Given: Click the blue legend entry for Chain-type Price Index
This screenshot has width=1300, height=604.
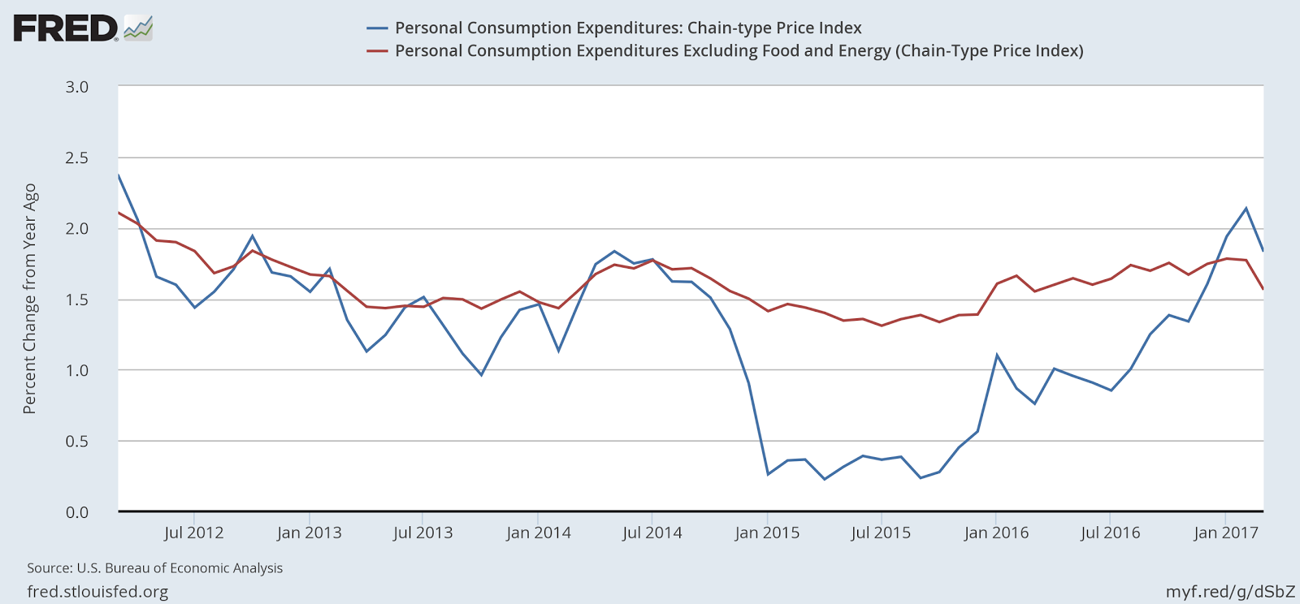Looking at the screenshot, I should pyautogui.click(x=627, y=28).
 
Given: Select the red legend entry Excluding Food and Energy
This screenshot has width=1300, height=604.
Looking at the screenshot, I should pyautogui.click(x=739, y=50).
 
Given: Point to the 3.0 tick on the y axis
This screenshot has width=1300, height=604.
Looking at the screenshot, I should pyautogui.click(x=76, y=86).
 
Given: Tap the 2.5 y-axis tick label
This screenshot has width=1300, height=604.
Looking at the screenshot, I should pyautogui.click(x=76, y=157).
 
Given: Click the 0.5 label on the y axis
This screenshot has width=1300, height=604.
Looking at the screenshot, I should pyautogui.click(x=76, y=441).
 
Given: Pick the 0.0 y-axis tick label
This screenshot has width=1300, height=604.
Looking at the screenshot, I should pyautogui.click(x=76, y=511).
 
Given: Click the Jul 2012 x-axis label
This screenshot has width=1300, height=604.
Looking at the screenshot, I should pyautogui.click(x=193, y=533).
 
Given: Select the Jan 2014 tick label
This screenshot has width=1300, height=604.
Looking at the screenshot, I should pyautogui.click(x=538, y=533).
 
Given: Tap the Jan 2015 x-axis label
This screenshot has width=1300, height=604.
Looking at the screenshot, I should pyautogui.click(x=767, y=533).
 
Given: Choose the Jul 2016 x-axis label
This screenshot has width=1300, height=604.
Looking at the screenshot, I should pyautogui.click(x=1110, y=533).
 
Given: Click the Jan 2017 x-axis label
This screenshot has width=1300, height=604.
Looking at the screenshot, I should pyautogui.click(x=1225, y=533).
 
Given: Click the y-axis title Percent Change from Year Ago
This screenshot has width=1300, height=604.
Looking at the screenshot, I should pyautogui.click(x=30, y=299).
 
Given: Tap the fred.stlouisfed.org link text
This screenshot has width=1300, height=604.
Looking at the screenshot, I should pyautogui.click(x=97, y=591).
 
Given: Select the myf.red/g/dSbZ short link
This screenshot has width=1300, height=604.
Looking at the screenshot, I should pyautogui.click(x=1230, y=591).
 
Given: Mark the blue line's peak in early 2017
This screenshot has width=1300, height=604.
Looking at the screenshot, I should pyautogui.click(x=1246, y=209).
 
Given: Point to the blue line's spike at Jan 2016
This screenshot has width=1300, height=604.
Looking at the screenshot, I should pyautogui.click(x=997, y=355).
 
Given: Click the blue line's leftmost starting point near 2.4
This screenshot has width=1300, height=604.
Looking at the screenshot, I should pyautogui.click(x=119, y=175).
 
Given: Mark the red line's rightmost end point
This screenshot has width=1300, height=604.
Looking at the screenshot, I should pyautogui.click(x=1263, y=288).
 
